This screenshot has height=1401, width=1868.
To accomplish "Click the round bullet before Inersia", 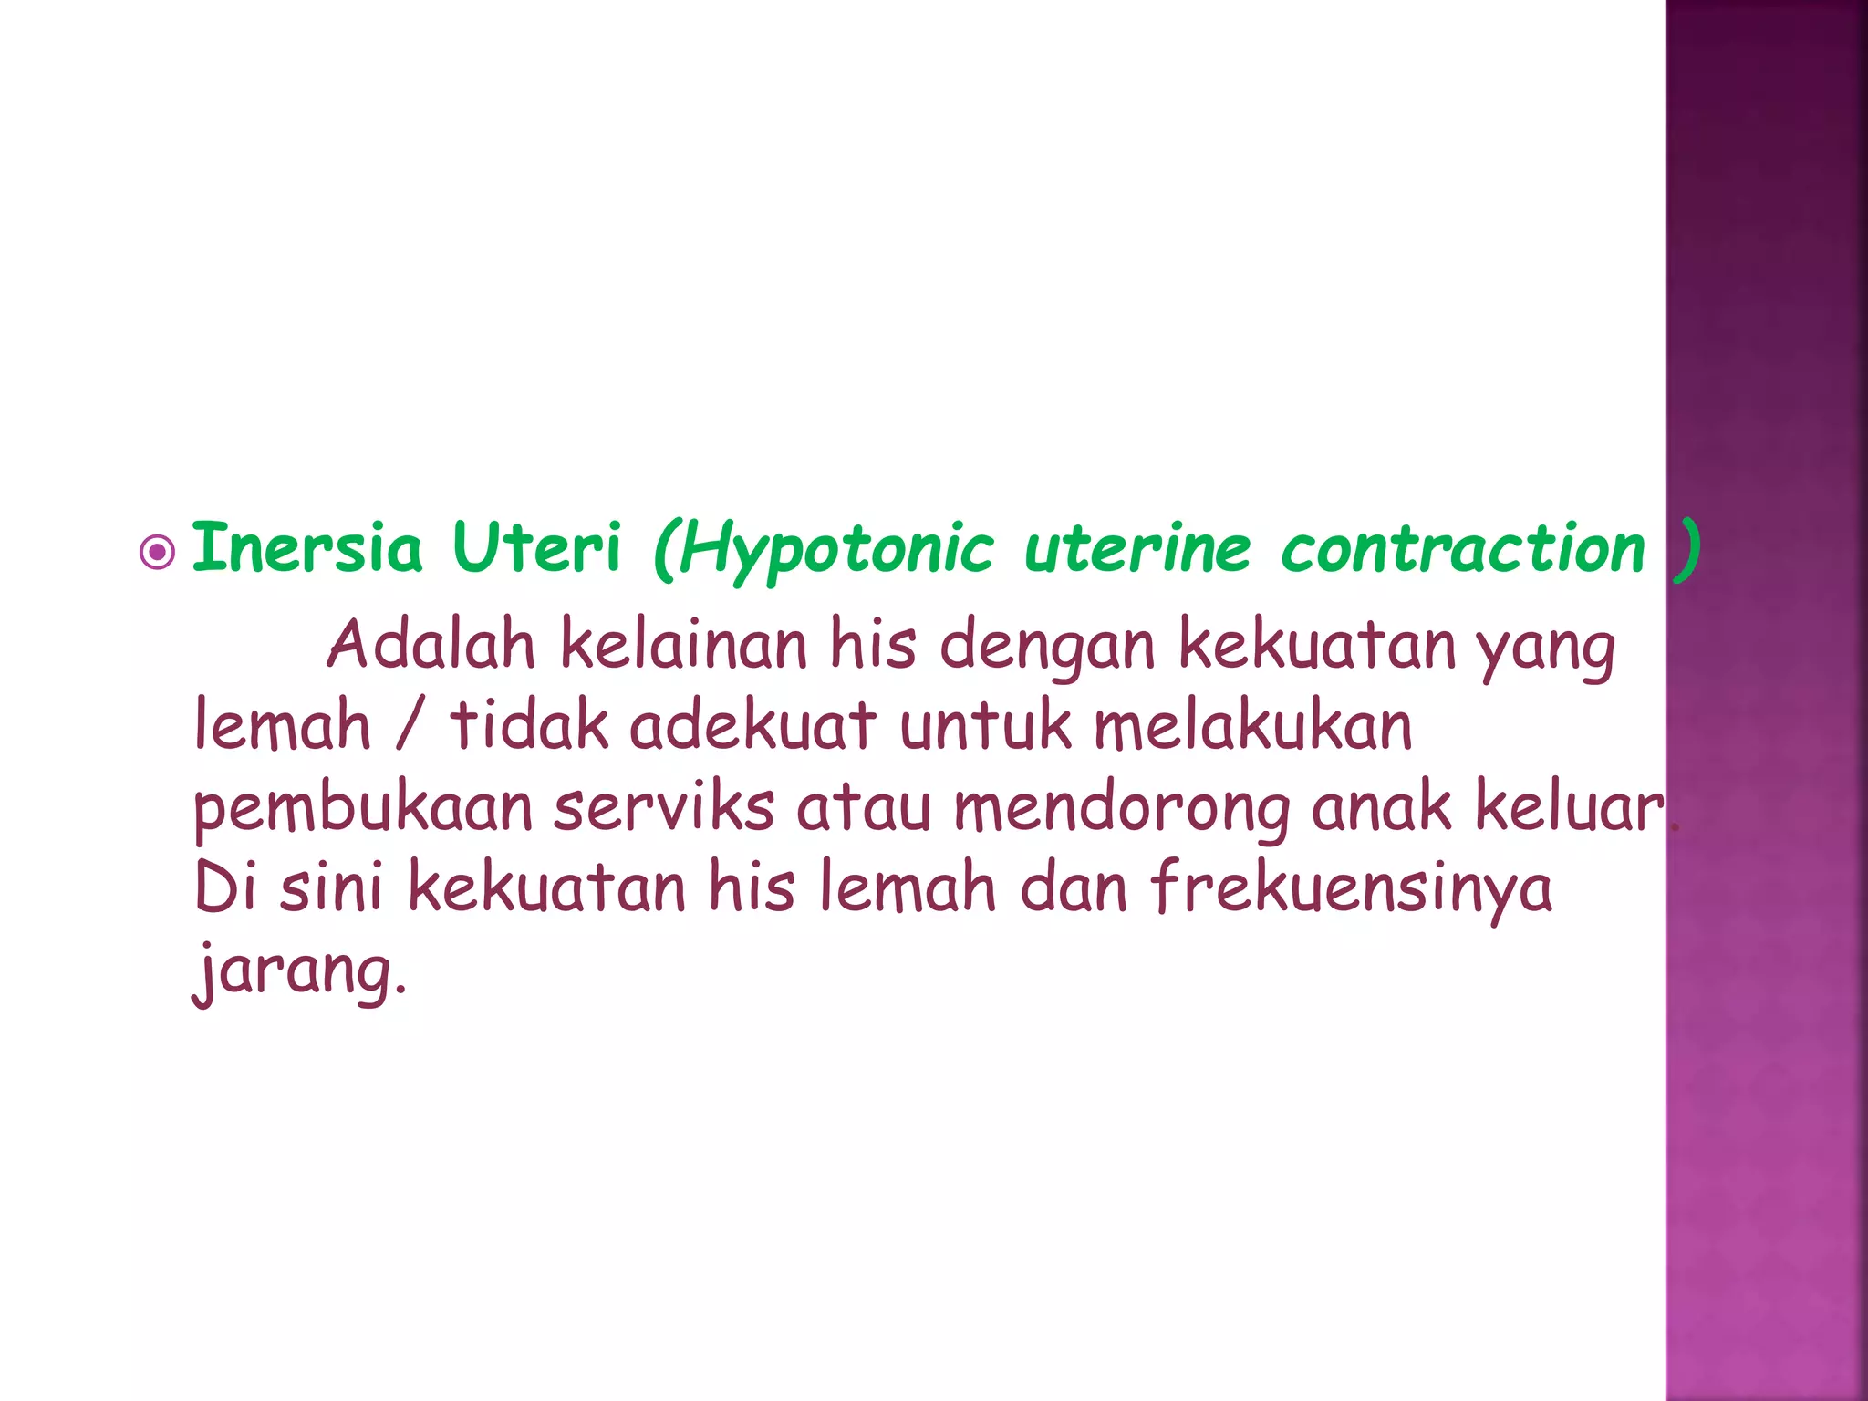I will coord(158,552).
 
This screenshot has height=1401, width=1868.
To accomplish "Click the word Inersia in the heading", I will coord(307,549).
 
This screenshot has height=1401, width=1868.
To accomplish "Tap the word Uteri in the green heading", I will coord(536,549).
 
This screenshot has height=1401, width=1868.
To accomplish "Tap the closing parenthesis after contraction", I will coord(1688,551).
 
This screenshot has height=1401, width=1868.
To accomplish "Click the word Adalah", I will coord(431,645).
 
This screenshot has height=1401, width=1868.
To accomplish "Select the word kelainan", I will coord(683,645).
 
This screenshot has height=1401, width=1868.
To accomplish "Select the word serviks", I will coord(664,808).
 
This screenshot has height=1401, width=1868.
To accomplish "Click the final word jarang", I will coord(297,972).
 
